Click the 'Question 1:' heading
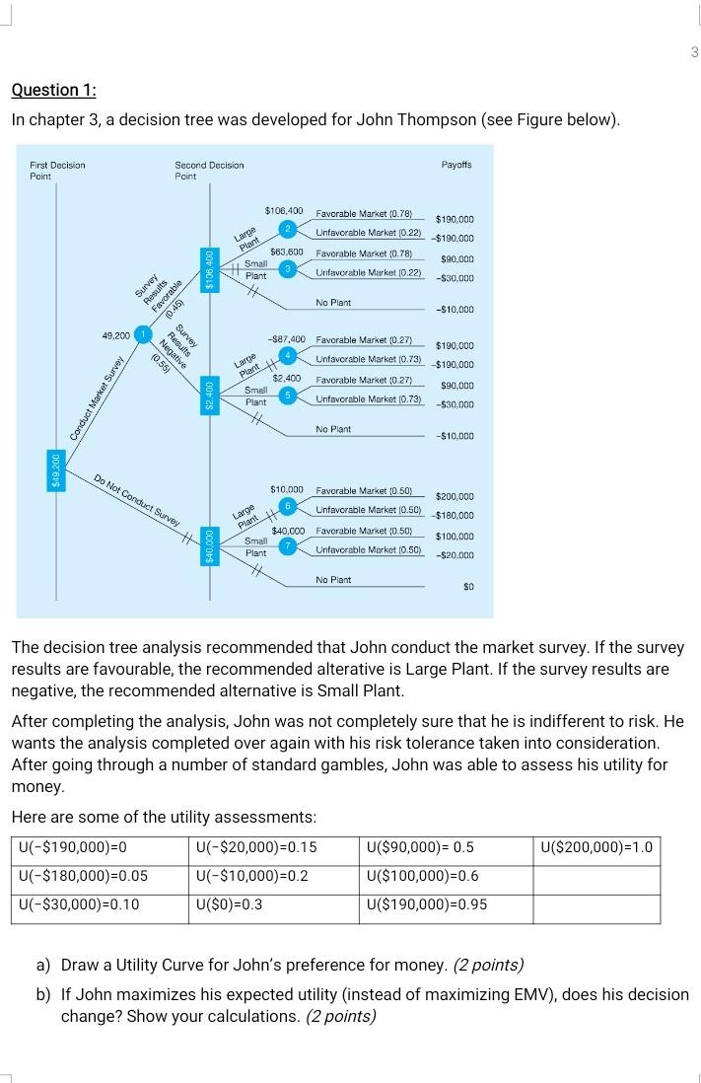pos(54,90)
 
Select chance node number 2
pos(288,229)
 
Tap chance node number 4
pos(289,353)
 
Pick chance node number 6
pos(288,504)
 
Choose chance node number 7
pos(288,543)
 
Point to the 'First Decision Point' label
pos(57,169)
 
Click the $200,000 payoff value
pos(455,496)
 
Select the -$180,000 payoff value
pos(453,515)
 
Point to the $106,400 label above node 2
pos(284,212)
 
